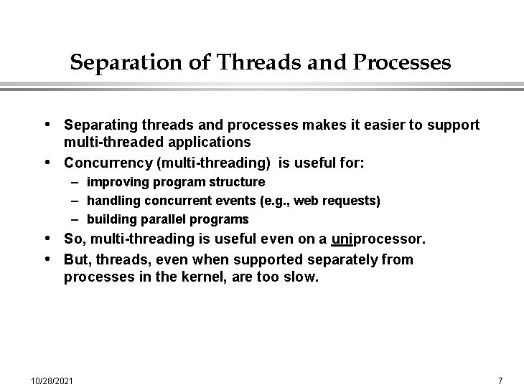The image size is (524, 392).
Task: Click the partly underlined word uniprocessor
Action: pos(378,239)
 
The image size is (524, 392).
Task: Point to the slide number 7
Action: pos(500,379)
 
